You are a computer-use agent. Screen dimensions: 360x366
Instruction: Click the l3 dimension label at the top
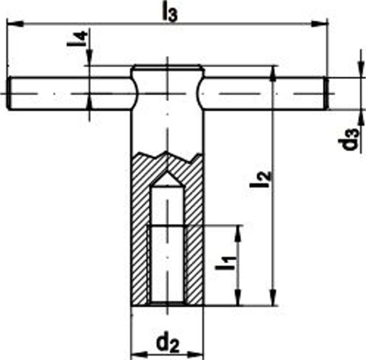click(x=169, y=12)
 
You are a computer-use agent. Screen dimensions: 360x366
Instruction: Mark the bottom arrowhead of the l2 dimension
click(x=274, y=300)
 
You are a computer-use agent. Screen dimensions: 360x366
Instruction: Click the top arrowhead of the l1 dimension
click(x=238, y=231)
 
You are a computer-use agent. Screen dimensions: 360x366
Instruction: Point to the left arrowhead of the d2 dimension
click(x=136, y=354)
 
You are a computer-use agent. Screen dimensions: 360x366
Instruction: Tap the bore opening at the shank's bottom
click(x=167, y=303)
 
